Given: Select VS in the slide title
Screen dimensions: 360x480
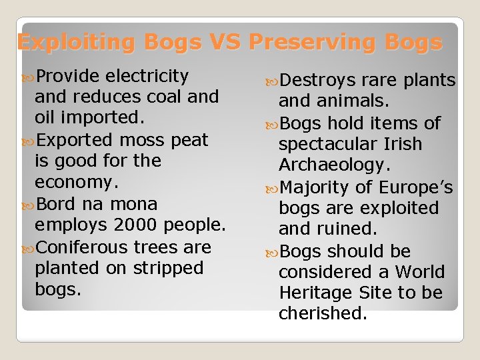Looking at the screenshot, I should coord(229,43).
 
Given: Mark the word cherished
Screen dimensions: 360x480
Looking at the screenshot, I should coord(323,313).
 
